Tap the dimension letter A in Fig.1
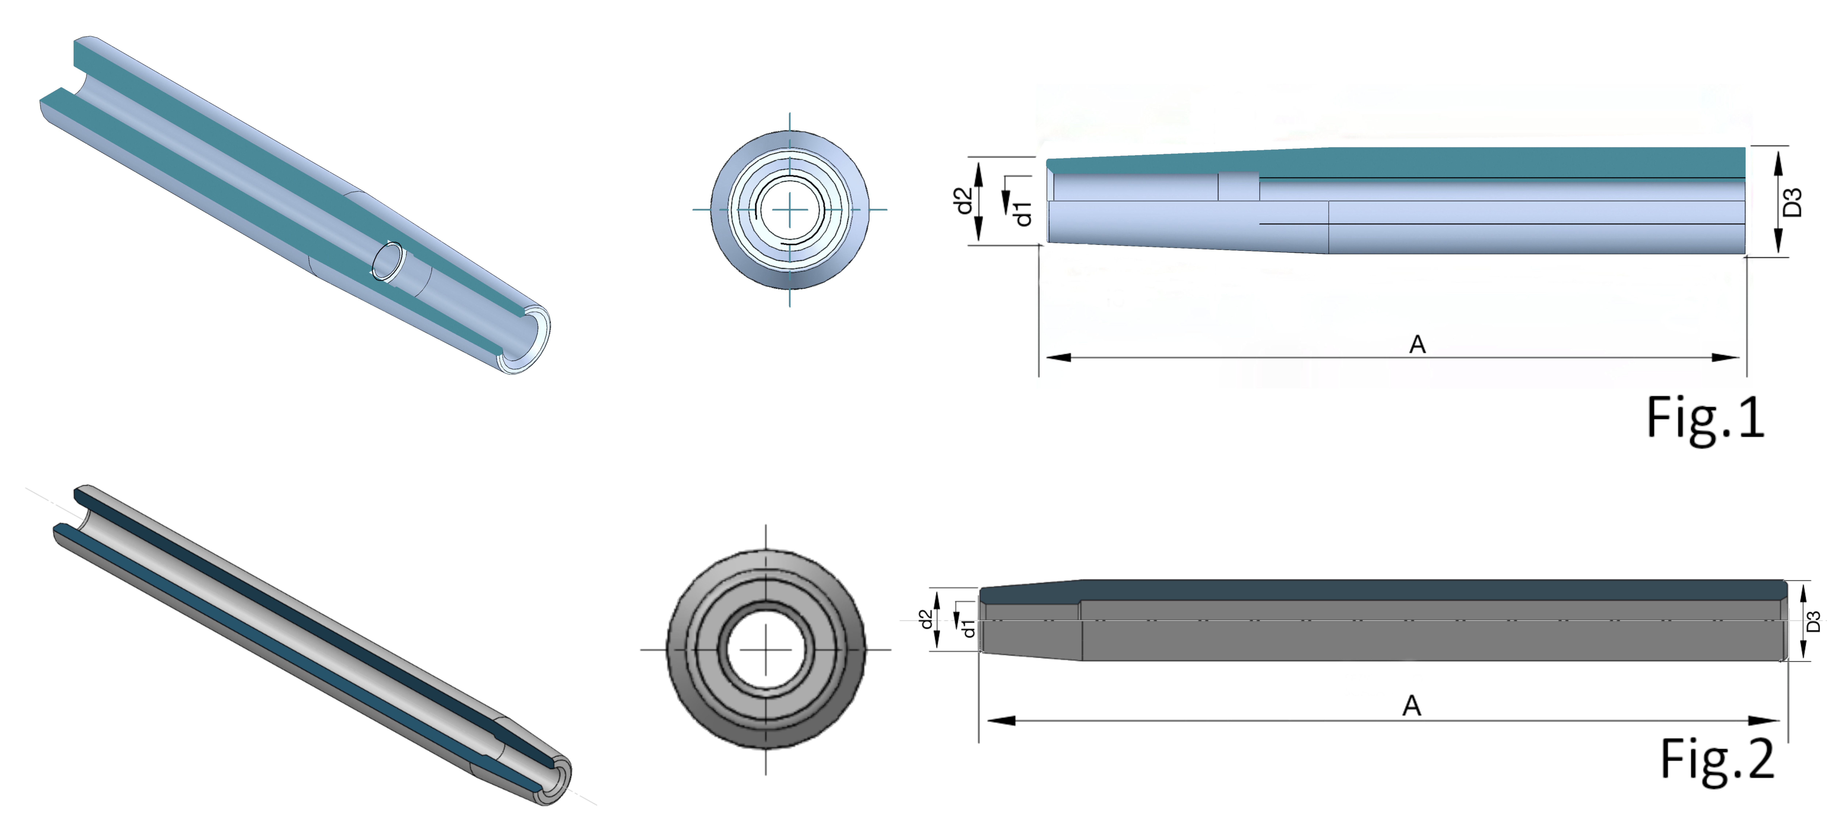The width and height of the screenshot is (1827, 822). click(x=1417, y=345)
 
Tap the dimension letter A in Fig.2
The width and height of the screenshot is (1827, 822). click(x=1411, y=706)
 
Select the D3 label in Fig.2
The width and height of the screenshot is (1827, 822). click(x=1813, y=621)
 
